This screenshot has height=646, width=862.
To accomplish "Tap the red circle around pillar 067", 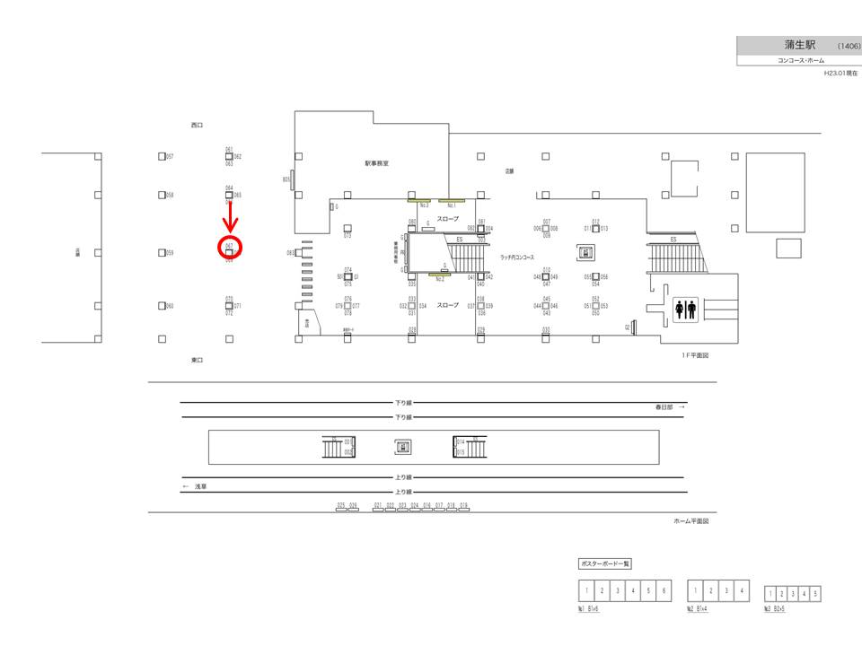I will [230, 249].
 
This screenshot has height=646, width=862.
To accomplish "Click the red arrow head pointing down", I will [230, 225].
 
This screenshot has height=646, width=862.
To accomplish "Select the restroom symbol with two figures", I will [686, 310].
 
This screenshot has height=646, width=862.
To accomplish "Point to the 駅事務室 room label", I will [376, 163].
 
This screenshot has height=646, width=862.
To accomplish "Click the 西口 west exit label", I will [198, 125].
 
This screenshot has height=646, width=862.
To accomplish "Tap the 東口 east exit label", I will [198, 360].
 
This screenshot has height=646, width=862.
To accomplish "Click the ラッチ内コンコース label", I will [517, 258].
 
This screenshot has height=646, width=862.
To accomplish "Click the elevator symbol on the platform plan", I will [402, 447].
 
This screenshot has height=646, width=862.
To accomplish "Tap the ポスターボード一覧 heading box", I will [605, 563].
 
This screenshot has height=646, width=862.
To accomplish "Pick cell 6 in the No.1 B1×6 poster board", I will [663, 590].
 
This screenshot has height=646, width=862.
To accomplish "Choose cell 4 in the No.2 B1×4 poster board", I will [742, 590].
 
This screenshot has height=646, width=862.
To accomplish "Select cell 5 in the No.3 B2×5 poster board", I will [815, 594].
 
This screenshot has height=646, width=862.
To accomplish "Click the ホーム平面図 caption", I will [691, 521].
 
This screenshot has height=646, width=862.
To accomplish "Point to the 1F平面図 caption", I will [696, 355].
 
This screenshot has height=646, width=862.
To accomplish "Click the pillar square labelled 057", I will [162, 157].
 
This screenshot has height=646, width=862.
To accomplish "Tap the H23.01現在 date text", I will [841, 74].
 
